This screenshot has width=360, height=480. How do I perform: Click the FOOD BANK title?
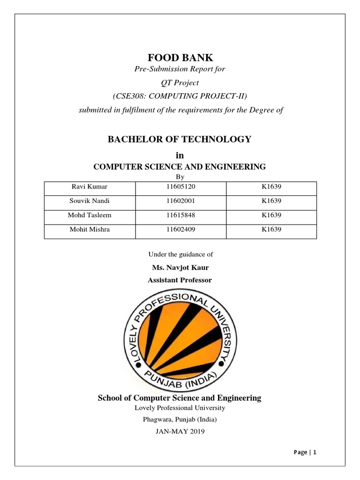coord(180,58)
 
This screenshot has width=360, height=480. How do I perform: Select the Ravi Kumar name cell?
coord(89,187)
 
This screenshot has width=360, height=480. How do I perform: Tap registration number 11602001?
coord(180,201)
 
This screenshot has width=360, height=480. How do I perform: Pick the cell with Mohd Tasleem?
coord(90,215)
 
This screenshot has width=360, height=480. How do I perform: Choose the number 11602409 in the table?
coord(180,230)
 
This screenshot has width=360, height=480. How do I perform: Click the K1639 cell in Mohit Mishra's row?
coord(271,230)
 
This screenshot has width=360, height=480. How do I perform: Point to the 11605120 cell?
coord(180,187)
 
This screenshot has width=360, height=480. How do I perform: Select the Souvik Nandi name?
coord(90,201)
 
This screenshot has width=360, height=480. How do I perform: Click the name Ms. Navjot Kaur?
coord(180,268)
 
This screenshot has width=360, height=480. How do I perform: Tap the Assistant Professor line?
coord(180,280)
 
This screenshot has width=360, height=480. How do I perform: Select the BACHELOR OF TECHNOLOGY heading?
coord(180,139)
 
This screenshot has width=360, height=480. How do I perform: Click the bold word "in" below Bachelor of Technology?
coord(180,155)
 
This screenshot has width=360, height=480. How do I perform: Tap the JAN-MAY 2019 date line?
coord(180,431)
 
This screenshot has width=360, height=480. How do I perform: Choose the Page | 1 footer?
coord(305,452)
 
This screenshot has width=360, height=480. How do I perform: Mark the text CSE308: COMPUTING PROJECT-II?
coord(180,96)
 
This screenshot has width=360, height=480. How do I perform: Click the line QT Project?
coord(180,83)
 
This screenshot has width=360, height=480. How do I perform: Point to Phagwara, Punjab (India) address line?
coord(180,419)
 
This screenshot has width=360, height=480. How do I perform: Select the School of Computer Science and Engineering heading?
coord(180,398)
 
